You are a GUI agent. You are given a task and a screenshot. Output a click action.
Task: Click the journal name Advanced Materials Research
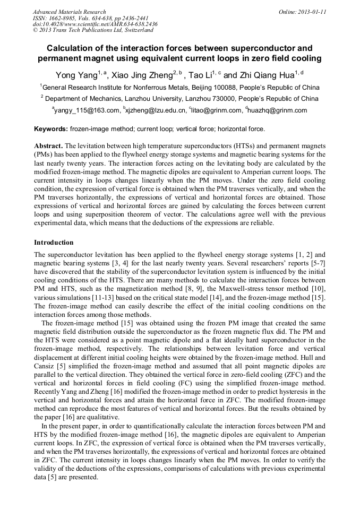[x=69, y=12]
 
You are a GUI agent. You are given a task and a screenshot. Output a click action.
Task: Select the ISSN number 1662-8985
[x=65, y=18]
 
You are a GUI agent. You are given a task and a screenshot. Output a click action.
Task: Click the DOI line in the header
[x=95, y=24]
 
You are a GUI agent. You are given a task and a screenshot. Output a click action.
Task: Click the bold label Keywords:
[x=51, y=129]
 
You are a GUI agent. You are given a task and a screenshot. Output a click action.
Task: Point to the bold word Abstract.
[x=48, y=145]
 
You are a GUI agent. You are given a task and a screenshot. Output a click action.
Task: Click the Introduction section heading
[x=54, y=243]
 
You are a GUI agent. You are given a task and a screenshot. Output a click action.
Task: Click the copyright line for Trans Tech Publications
[x=93, y=30]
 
